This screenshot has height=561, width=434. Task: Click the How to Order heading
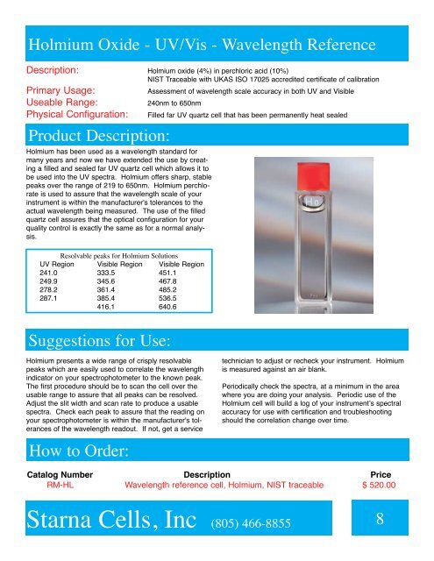[80, 451]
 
